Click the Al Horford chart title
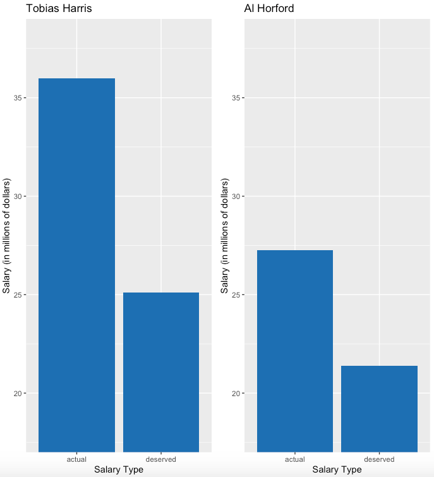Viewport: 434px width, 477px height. point(268,9)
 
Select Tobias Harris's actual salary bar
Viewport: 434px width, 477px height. point(76,265)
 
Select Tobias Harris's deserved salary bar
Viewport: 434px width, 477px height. point(161,372)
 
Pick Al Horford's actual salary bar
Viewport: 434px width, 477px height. point(295,351)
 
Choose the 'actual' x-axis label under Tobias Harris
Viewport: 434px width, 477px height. point(76,459)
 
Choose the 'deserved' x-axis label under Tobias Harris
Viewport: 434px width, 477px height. point(161,459)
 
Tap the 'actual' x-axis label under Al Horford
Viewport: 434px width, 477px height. point(295,459)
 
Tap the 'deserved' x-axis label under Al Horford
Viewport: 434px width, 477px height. point(379,459)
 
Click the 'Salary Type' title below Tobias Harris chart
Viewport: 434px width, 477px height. point(119,469)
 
